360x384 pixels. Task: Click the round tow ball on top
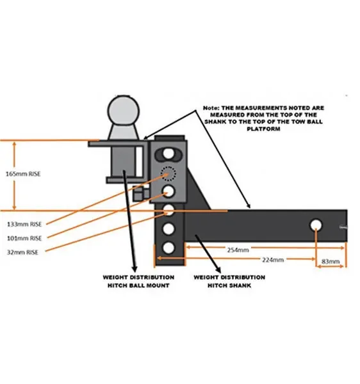tap(123, 111)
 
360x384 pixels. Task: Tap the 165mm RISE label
tap(23, 174)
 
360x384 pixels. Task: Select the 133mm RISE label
tap(24, 224)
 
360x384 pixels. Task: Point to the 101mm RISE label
tap(24, 238)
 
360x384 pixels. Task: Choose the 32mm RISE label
tap(22, 252)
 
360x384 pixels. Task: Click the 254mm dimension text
tap(238, 250)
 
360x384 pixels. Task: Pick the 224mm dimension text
tap(273, 260)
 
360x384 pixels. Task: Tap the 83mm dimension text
tap(331, 262)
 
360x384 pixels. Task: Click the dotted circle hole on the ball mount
tap(168, 173)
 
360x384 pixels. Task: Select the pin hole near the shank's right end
tap(316, 225)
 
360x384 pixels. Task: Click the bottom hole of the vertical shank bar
tap(168, 248)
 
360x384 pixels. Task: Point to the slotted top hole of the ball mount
tap(168, 154)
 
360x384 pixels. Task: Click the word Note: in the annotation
tap(211, 108)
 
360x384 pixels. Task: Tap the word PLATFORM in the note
tap(263, 129)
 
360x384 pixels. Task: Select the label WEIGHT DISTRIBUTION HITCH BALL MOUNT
tap(138, 282)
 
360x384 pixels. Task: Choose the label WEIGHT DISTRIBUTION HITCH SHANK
tap(229, 282)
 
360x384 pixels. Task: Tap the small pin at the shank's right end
tap(343, 227)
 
